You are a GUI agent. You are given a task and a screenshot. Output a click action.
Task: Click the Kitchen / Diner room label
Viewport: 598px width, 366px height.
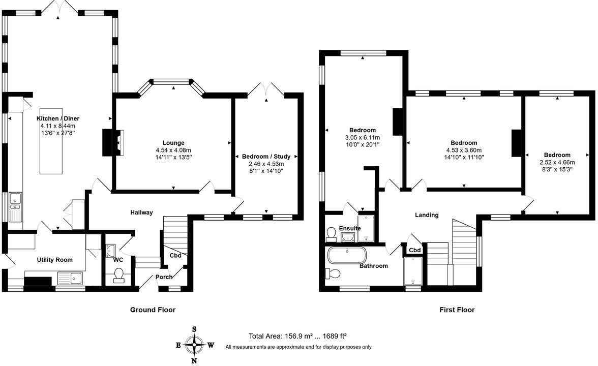point(58,118)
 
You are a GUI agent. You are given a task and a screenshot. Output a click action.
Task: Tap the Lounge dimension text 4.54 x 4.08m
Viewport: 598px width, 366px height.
point(173,150)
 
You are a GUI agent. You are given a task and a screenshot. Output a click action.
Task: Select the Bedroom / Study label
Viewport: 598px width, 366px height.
point(266,157)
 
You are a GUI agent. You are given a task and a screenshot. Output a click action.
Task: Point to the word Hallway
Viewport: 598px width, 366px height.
point(141,212)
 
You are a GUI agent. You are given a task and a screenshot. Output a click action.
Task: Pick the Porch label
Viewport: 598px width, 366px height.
point(164,277)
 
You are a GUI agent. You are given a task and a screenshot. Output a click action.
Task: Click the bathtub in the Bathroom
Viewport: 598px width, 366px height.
point(346,255)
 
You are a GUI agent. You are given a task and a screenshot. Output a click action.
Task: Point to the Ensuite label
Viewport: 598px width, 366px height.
point(350,228)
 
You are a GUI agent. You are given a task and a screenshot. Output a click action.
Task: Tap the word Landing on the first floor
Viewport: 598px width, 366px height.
point(427,215)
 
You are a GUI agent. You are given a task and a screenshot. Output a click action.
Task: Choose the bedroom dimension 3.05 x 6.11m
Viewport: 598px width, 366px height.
point(363,137)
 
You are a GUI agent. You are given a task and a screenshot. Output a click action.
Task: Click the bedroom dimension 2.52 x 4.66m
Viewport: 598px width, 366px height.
point(557,163)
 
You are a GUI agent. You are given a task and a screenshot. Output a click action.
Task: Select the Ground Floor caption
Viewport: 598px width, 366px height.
point(153,310)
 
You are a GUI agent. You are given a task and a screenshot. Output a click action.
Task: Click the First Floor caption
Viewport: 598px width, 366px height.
point(457,310)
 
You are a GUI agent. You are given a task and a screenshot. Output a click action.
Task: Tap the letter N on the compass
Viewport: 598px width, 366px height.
point(194,361)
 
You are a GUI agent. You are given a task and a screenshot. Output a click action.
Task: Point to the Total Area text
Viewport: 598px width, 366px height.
point(297,336)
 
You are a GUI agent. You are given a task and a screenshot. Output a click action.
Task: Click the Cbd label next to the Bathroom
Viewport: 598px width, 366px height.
point(414,250)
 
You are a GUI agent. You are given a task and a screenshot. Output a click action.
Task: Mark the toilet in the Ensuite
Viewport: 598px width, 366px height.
point(331,233)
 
